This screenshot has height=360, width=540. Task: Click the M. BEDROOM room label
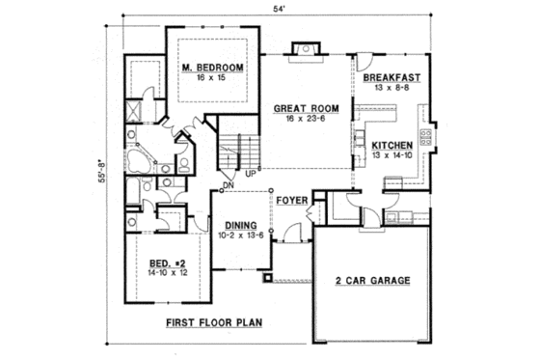[x=212, y=68]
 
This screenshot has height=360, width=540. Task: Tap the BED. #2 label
[x=168, y=262]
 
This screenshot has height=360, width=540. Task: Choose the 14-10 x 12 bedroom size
[x=168, y=272]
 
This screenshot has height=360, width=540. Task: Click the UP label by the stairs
[x=250, y=174]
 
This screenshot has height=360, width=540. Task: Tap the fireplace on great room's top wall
[x=305, y=47]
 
